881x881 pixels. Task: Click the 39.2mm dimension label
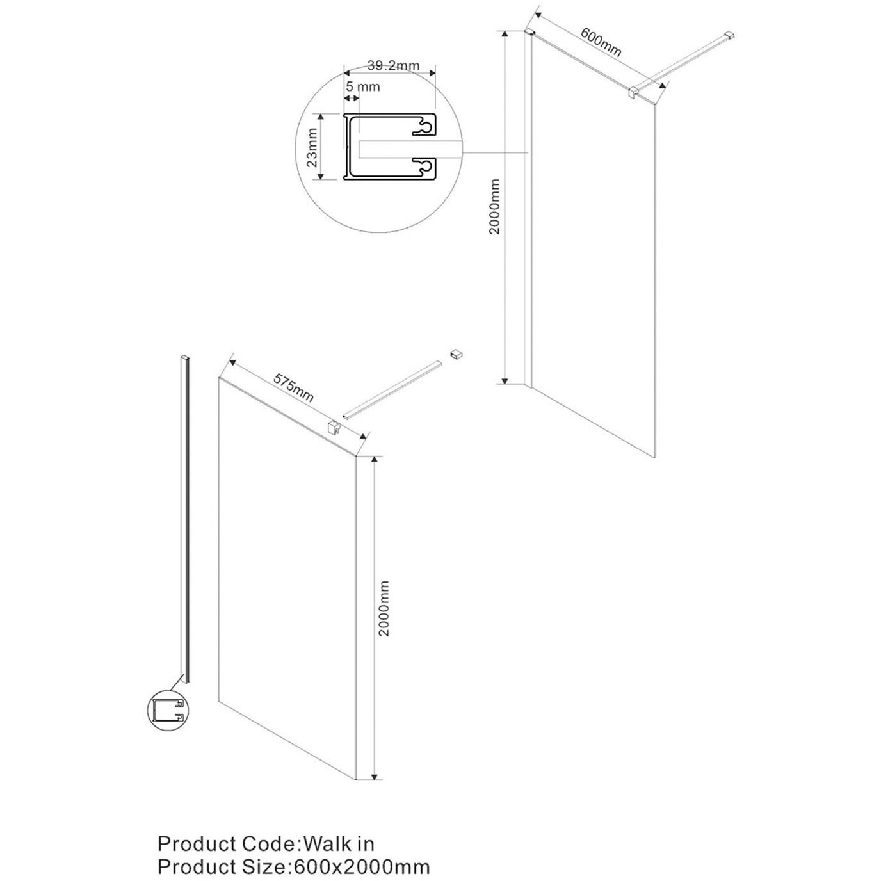coord(392,65)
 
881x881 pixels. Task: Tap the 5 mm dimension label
coord(362,86)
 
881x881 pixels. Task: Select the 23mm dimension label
coord(312,147)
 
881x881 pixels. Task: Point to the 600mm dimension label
coord(601,42)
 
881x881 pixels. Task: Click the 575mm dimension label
coord(294,387)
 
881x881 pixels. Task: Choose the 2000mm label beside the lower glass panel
coord(384,608)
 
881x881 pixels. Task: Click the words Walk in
coord(339,842)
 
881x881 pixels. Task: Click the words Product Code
coord(225,842)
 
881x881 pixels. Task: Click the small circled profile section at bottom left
coord(168,711)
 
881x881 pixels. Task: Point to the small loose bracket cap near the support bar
coord(456,353)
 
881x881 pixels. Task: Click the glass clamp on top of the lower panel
coord(333,426)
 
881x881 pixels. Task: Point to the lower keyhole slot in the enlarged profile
coord(422,166)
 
